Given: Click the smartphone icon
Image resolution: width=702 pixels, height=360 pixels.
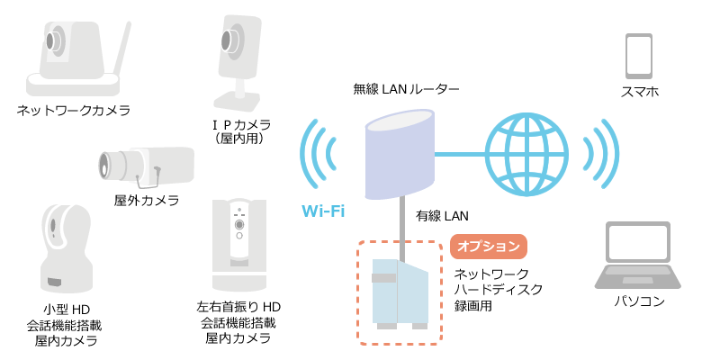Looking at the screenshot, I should coord(638,56).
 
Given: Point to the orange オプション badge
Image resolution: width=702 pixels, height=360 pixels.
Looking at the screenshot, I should coord(487,246).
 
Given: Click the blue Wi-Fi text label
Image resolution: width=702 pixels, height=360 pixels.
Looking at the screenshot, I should coord(323,211).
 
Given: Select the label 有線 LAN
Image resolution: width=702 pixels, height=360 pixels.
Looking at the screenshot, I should coord(442,216).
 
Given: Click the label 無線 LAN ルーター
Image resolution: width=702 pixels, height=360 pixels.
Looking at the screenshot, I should coord(407,89).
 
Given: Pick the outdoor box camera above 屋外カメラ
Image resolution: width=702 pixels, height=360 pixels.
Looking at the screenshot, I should coord(147,165).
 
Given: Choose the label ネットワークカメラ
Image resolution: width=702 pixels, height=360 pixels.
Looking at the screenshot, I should coord(74,111).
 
